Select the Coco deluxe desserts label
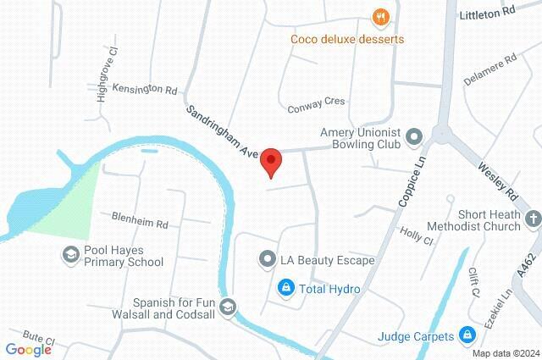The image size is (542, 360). (346, 39)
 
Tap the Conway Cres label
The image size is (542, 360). (316, 101)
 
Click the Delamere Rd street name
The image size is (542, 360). (490, 70)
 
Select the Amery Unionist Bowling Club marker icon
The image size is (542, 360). (414, 136)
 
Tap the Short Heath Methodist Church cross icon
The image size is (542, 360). (532, 219)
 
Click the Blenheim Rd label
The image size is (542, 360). (140, 217)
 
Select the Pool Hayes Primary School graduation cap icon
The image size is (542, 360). (71, 253)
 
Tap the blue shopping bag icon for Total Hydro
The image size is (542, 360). (286, 289)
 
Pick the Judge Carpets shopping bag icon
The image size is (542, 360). (465, 335)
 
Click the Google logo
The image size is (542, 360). (28, 350)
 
